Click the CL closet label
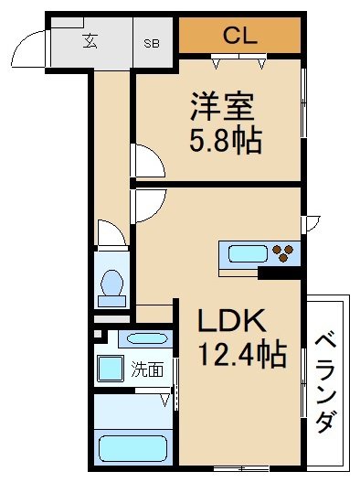click(x=239, y=36)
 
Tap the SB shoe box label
click(x=153, y=41)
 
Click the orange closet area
click(x=239, y=37)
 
